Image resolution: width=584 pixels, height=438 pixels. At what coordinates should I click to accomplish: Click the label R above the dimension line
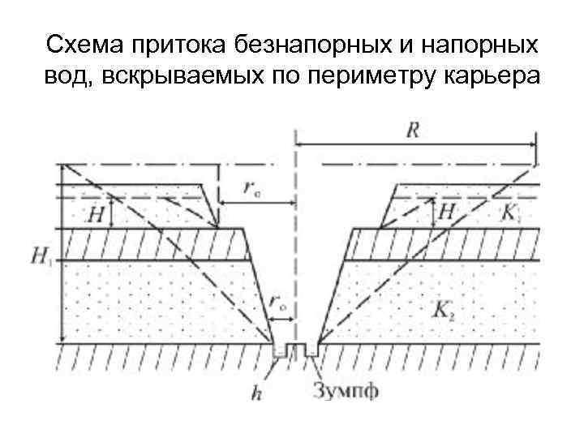(x=413, y=132)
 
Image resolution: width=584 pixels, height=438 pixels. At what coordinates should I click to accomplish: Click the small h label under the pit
(x=256, y=395)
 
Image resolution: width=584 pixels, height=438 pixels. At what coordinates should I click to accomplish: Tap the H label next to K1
(x=447, y=214)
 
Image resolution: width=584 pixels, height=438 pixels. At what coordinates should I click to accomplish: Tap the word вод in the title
(x=62, y=77)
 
